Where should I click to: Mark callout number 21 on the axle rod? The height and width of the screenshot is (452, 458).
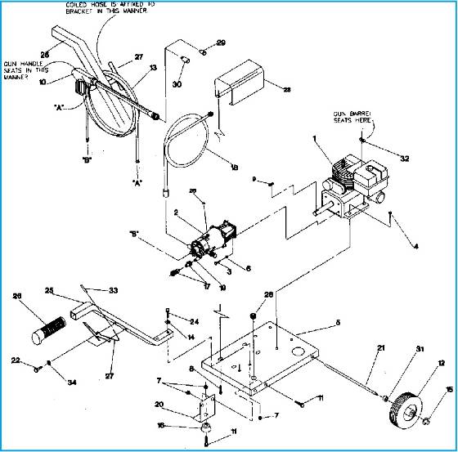click(357, 349)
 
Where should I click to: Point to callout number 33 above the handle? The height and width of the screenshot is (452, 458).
click(113, 289)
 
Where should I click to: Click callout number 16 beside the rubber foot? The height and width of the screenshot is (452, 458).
click(160, 425)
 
